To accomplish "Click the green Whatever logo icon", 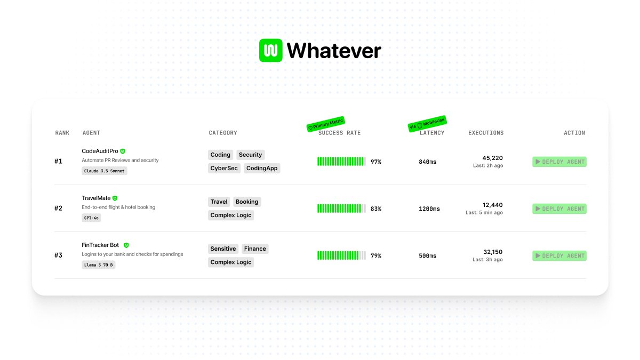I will (270, 51).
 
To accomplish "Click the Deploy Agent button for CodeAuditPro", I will (559, 162).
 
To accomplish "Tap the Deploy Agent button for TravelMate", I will (559, 209).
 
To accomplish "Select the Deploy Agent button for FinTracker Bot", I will (559, 255).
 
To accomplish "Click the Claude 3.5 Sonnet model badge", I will (105, 171).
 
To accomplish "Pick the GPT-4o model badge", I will (92, 218).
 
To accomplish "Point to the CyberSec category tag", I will (224, 168).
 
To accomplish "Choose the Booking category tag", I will (247, 202).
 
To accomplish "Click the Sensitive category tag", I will (223, 249).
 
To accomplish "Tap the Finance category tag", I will (255, 249).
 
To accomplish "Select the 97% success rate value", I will (376, 162).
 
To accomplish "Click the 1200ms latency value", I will (429, 209).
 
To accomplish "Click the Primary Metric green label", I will (326, 124).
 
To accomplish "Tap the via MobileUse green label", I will (427, 123).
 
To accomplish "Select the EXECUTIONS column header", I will (486, 133).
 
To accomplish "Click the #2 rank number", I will (59, 209).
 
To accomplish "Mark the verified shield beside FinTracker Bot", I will (126, 245).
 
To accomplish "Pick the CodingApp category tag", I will (262, 168).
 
